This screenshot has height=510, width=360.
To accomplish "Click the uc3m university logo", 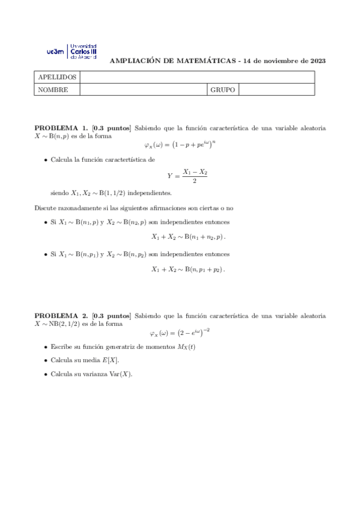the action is coord(71,51).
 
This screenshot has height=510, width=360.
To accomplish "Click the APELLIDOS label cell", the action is coord(57,78).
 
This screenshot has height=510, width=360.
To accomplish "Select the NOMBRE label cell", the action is coord(53,90).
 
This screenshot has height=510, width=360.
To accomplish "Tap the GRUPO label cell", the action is coord(222,90).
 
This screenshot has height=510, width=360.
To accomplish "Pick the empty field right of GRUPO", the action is coord(276,90).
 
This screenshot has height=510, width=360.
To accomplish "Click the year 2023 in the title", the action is coord(318,61).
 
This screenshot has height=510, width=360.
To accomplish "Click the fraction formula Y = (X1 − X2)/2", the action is coord(187,176).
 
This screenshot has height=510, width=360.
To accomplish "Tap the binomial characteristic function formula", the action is coord(180,145).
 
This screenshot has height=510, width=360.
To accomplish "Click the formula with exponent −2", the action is coord(179,333).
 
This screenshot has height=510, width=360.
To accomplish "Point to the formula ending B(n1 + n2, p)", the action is coord(188,237).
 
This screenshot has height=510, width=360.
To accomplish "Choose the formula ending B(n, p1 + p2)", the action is coord(188,269).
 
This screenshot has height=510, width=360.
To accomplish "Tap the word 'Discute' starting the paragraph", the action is coord(45,207).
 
